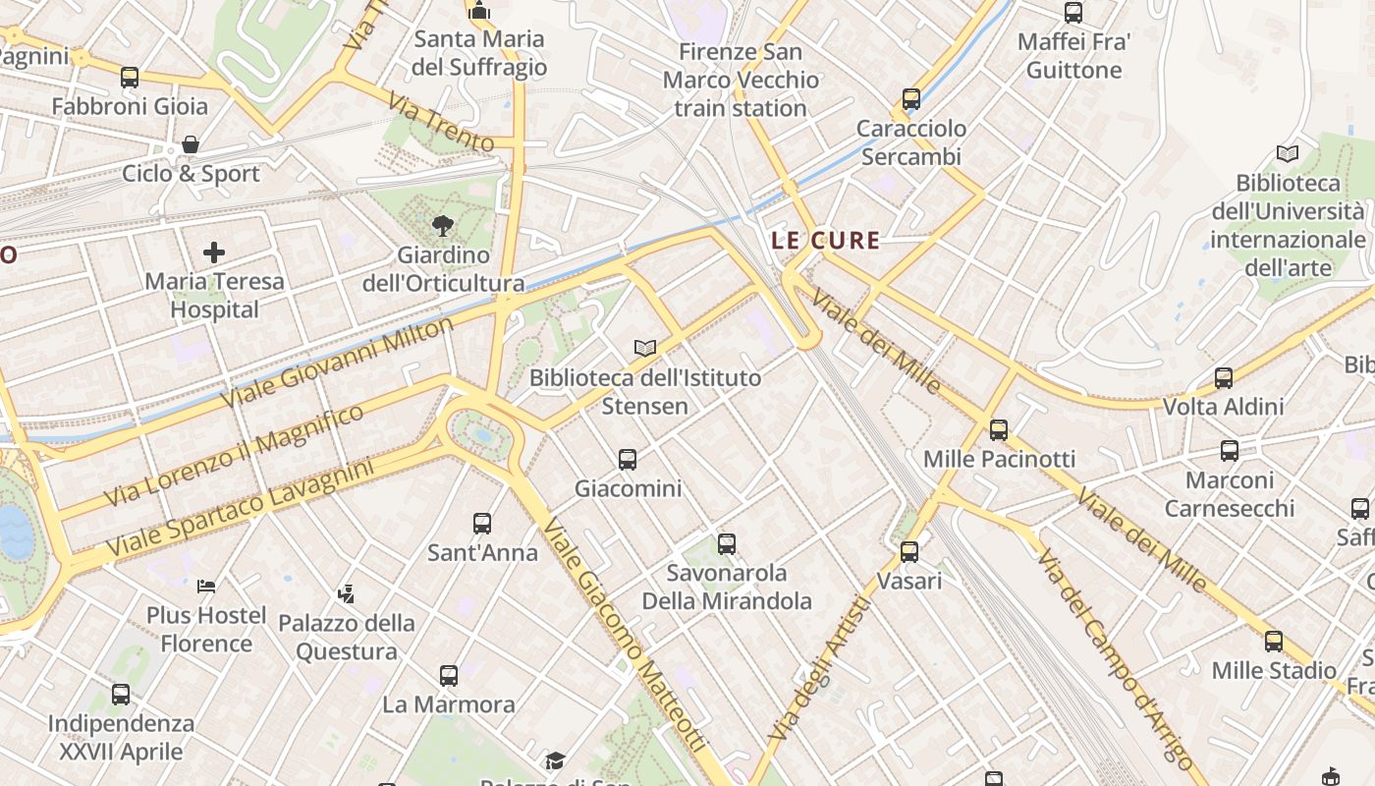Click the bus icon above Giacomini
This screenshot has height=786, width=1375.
click(627, 459)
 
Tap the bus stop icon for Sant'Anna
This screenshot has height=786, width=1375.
click(482, 524)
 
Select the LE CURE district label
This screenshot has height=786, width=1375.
click(825, 240)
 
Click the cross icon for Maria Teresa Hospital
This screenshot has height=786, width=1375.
click(214, 253)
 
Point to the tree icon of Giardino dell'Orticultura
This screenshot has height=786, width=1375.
click(443, 226)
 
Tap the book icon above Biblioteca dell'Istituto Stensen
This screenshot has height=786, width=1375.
click(644, 348)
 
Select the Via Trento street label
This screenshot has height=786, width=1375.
click(441, 122)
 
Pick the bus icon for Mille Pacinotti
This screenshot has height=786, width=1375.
click(999, 430)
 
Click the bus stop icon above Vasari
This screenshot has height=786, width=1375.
click(909, 552)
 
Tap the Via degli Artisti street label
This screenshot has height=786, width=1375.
click(821, 668)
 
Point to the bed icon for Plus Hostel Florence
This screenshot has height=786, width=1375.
click(206, 587)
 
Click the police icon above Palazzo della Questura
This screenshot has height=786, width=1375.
click(346, 593)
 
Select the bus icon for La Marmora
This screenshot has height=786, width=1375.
click(449, 676)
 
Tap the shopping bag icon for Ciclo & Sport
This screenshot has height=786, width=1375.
click(191, 144)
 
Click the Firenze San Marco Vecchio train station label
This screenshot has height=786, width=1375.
click(740, 80)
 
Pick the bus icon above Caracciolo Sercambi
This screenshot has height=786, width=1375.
click(911, 99)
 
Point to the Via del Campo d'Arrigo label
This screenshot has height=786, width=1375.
click(1115, 659)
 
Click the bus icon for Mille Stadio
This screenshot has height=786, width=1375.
click(1274, 642)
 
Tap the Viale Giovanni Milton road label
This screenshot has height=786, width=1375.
click(338, 362)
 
